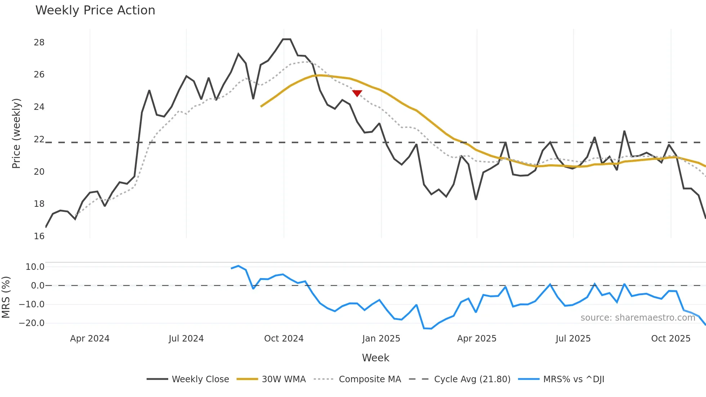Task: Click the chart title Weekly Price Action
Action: point(95,10)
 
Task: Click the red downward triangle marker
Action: point(357,93)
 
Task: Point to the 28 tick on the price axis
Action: point(39,43)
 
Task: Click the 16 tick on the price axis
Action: point(39,236)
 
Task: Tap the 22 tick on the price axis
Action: point(39,139)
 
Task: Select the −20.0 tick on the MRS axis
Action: point(32,323)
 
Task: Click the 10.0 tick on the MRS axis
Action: point(35,267)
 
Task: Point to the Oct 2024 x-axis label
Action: point(284,339)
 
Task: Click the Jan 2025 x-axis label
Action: point(381,339)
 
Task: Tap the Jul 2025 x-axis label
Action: point(573,339)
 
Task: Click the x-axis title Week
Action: point(375,358)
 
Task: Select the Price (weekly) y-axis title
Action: point(16,133)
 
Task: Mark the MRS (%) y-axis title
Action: point(6,297)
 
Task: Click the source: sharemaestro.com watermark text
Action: point(638,318)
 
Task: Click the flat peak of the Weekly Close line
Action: point(287,39)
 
